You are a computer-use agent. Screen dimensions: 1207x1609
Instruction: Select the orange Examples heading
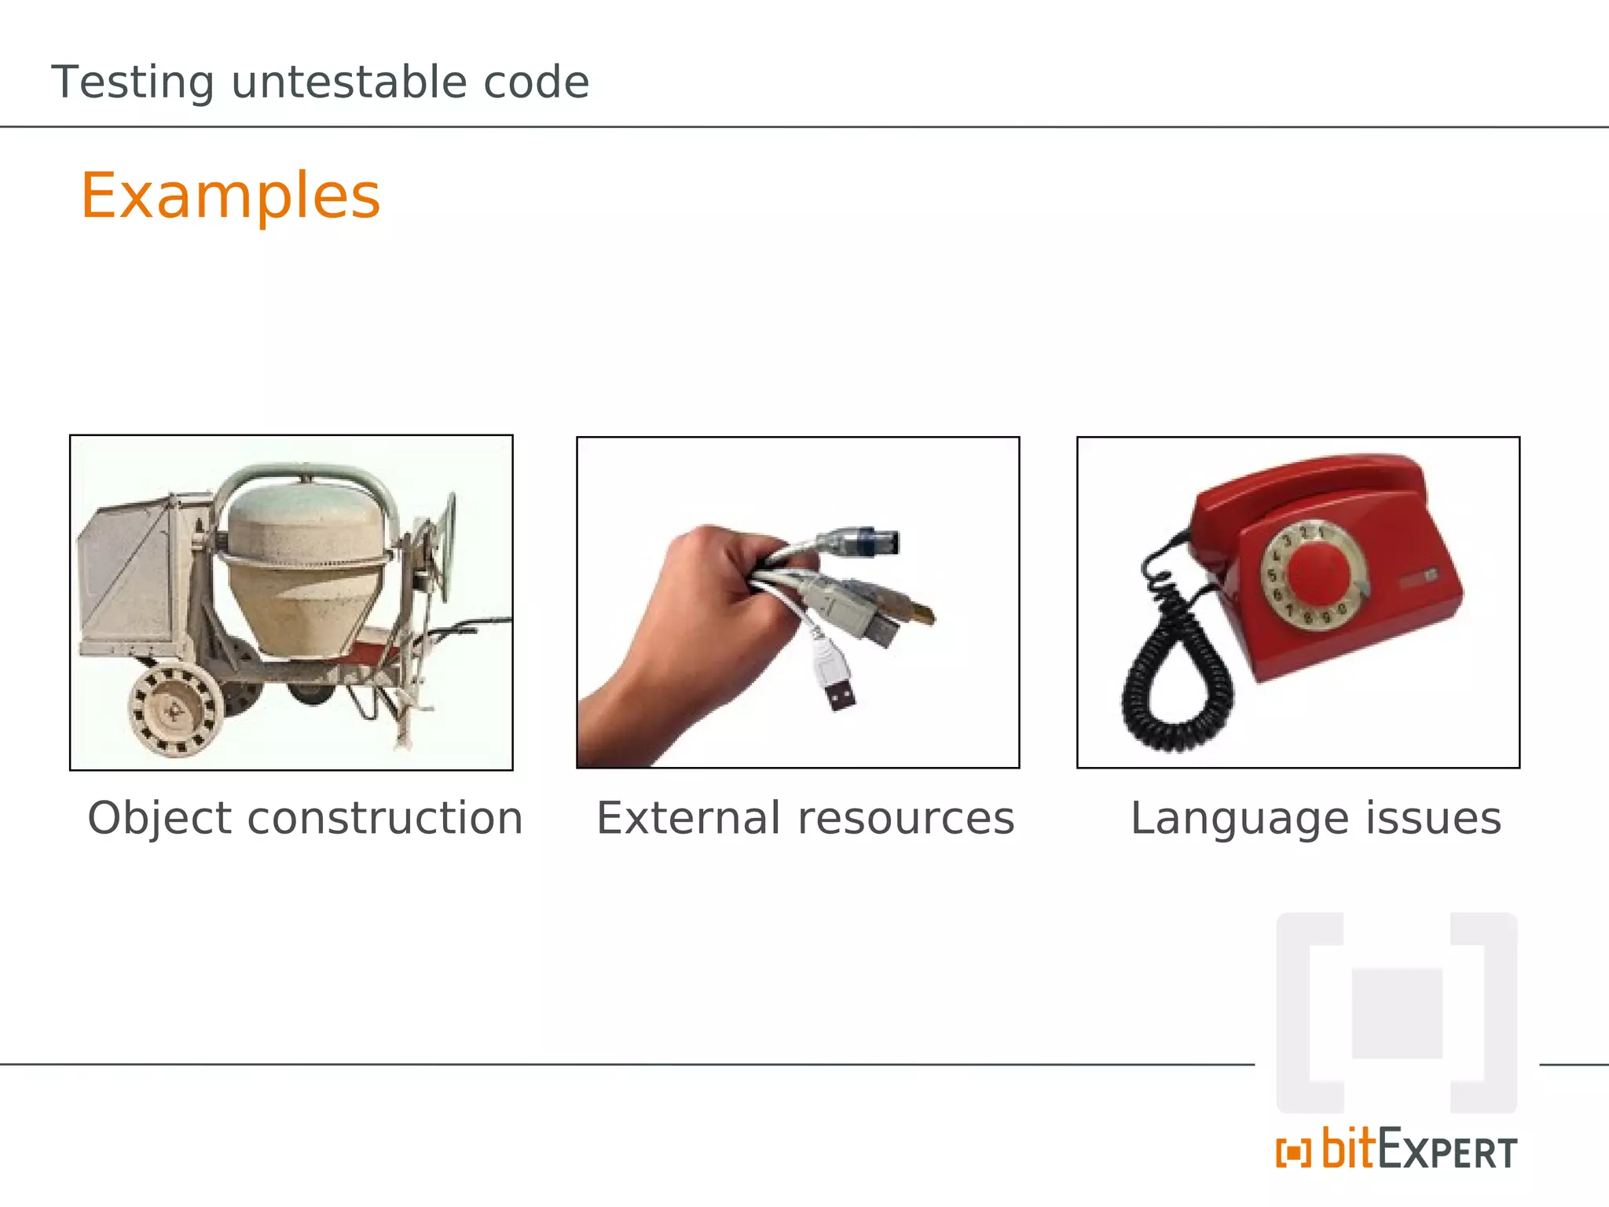coord(230,196)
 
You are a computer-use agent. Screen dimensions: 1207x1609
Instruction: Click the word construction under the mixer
coord(385,818)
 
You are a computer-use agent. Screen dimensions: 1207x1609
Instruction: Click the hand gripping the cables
coord(691,613)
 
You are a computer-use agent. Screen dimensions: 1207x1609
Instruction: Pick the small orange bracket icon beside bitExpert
coord(1293,1154)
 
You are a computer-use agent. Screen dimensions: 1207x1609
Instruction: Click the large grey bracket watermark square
coord(1396,1013)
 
